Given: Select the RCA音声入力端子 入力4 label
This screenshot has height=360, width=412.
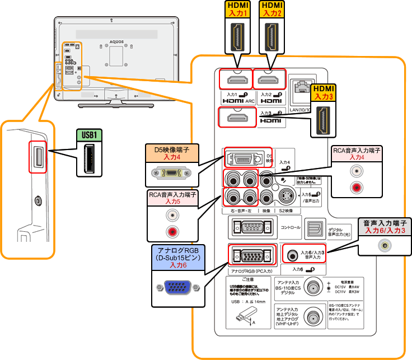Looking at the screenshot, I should [356, 154].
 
